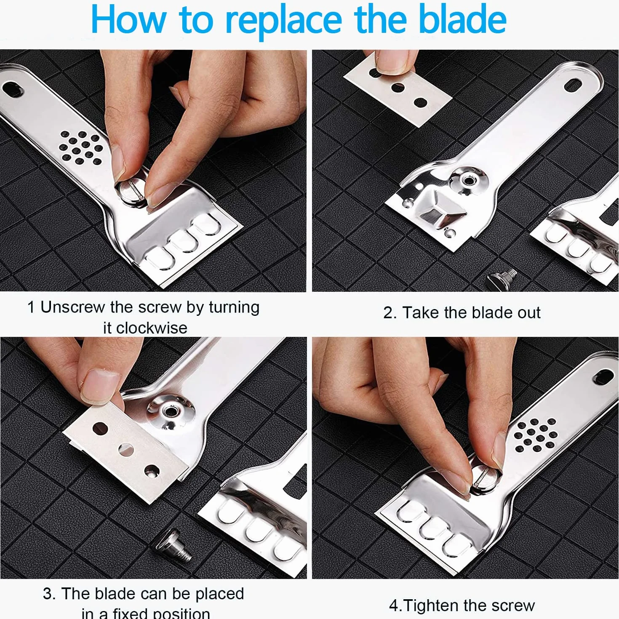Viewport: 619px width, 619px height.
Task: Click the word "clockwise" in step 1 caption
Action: pyautogui.click(x=145, y=328)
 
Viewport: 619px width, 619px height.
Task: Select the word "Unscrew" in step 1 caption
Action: pyautogui.click(x=73, y=307)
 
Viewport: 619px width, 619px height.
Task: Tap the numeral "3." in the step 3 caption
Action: pyautogui.click(x=49, y=593)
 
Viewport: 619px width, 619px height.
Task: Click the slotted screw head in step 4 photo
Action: pyautogui.click(x=485, y=478)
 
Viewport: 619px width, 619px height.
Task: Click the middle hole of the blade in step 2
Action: pyautogui.click(x=398, y=87)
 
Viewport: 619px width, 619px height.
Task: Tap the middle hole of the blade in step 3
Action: pyautogui.click(x=126, y=450)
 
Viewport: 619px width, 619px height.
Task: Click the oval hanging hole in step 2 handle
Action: pyautogui.click(x=573, y=86)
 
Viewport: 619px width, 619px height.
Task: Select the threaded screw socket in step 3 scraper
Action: pyautogui.click(x=170, y=411)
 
